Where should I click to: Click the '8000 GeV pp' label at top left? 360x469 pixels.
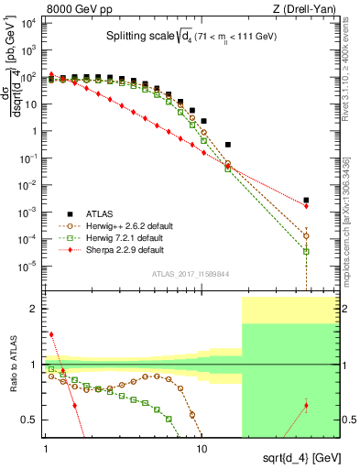(40, 7)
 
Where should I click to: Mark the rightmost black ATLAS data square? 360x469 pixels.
(306, 200)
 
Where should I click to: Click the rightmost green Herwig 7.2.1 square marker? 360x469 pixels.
(306, 251)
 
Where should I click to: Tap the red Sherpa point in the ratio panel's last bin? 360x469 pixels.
(306, 405)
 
